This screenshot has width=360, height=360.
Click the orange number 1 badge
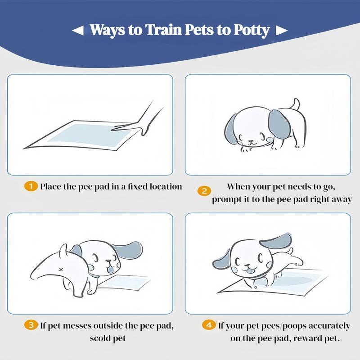(x=31, y=186)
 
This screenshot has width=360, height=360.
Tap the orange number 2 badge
(x=204, y=191)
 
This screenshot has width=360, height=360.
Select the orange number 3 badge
(x=31, y=325)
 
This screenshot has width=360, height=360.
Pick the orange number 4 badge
(x=208, y=325)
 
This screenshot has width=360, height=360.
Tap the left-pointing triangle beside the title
(x=77, y=31)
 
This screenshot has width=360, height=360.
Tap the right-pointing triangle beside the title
(x=282, y=31)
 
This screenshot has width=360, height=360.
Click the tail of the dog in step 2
(x=295, y=104)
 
